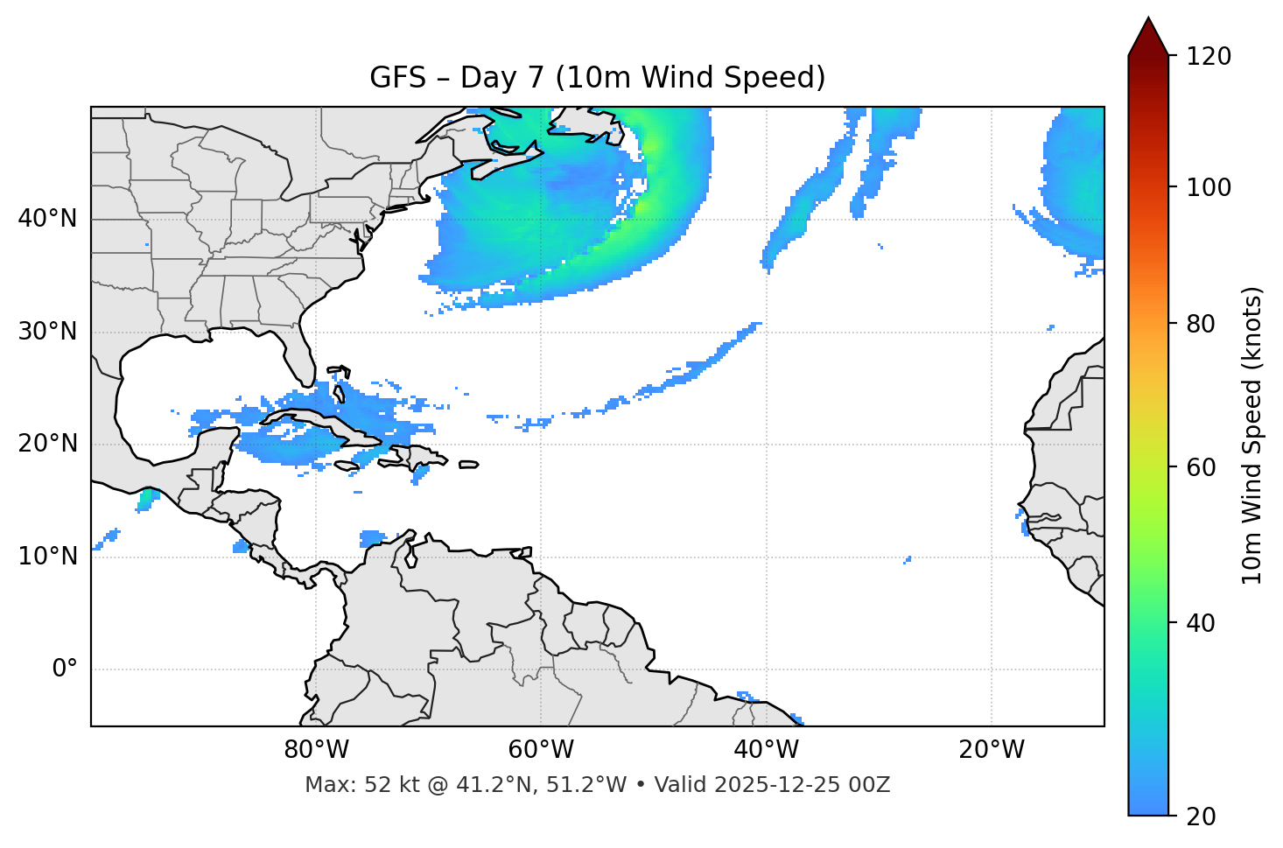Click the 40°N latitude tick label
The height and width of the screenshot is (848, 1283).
(x=47, y=219)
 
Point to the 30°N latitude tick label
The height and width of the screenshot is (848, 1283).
(x=47, y=332)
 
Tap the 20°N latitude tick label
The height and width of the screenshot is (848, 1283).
(x=47, y=444)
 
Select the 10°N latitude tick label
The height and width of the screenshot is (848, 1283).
(x=47, y=557)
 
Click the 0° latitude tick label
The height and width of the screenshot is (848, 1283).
(x=65, y=669)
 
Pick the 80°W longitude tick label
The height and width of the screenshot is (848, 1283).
(x=316, y=750)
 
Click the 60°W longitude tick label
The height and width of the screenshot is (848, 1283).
(x=541, y=750)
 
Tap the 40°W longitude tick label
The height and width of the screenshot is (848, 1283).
(x=766, y=750)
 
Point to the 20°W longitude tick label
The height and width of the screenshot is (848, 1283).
(x=992, y=750)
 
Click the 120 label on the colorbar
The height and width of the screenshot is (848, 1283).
(x=1209, y=56)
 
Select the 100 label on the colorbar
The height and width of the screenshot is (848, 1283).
(x=1209, y=187)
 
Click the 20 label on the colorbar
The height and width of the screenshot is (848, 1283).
(x=1201, y=816)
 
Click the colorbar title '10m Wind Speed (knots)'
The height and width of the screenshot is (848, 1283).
(x=1252, y=435)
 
